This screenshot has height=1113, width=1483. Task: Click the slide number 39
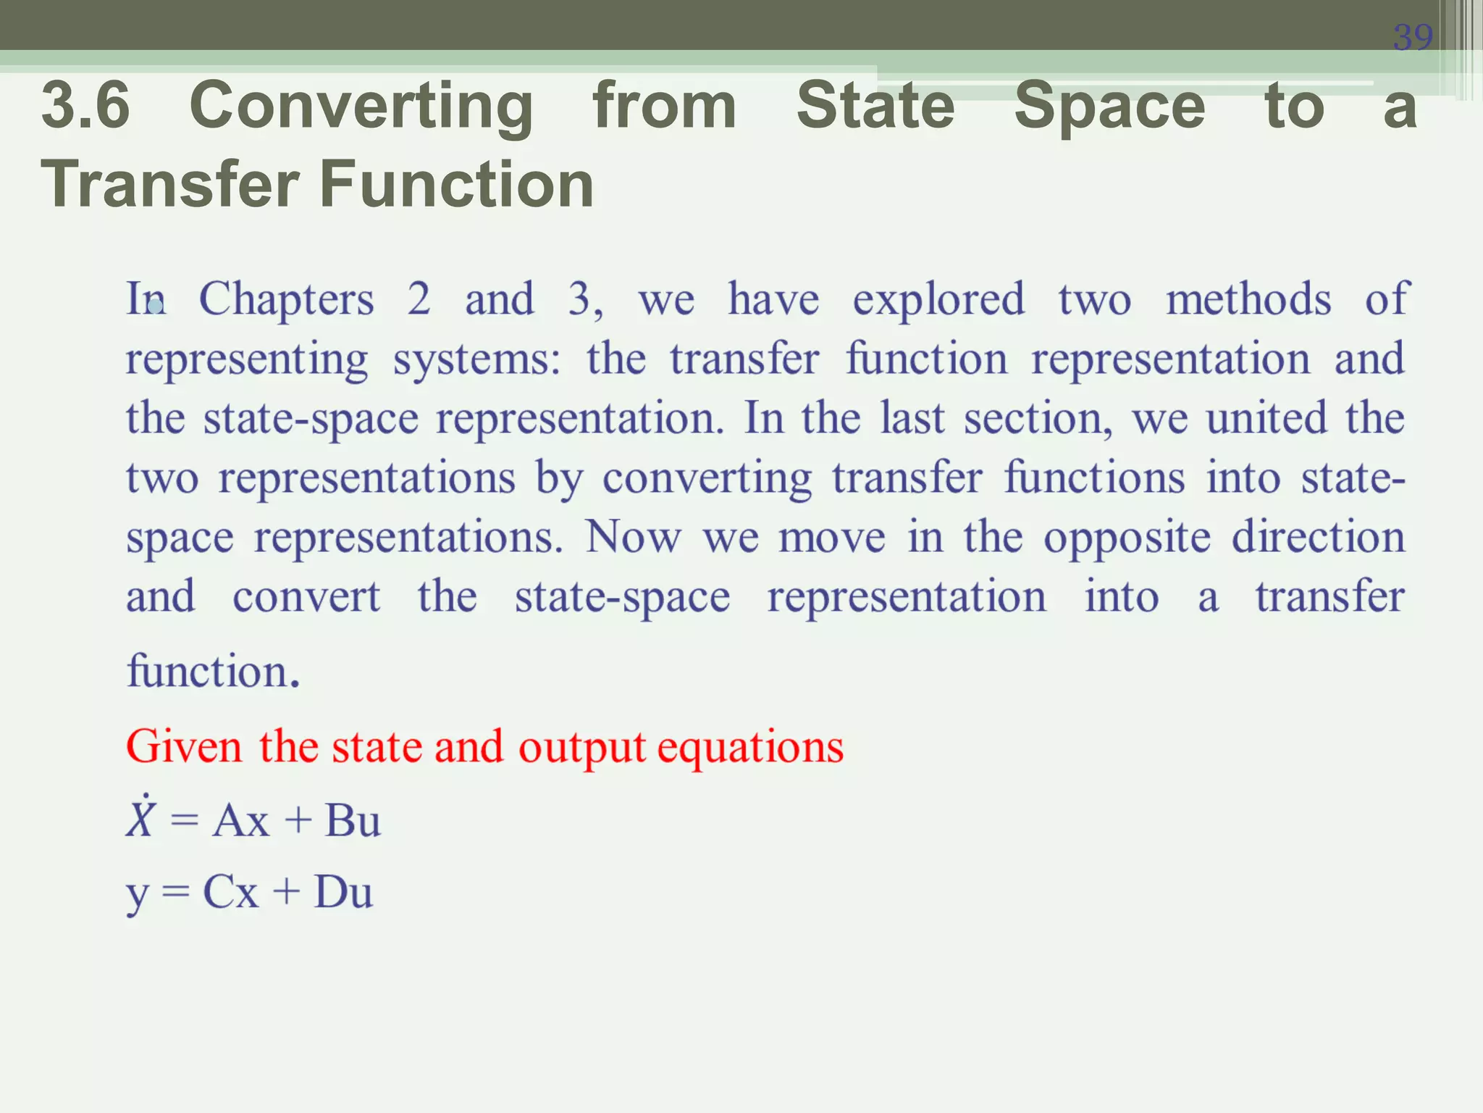[x=1412, y=37]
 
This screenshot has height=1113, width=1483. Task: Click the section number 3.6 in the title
[x=85, y=106]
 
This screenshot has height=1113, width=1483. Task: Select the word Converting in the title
[x=361, y=107]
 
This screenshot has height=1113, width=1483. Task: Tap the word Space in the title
[x=1109, y=107]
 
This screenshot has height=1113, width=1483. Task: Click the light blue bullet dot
[x=156, y=307]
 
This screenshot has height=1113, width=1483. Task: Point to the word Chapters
[x=286, y=299]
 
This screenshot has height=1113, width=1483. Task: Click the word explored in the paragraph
[x=938, y=299]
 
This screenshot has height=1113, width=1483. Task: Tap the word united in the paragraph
[x=1266, y=418]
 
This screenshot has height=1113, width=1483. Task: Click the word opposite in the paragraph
[x=1127, y=538]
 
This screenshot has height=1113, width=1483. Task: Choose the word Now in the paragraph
[x=633, y=537]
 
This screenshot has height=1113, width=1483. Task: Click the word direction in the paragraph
[x=1318, y=537]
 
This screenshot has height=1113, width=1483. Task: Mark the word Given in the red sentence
[x=184, y=746]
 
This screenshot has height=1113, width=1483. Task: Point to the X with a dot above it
[x=140, y=819]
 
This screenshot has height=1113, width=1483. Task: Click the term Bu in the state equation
[x=353, y=821]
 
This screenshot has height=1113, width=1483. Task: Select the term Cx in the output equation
[x=230, y=892]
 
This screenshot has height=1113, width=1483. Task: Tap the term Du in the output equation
[x=343, y=892]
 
